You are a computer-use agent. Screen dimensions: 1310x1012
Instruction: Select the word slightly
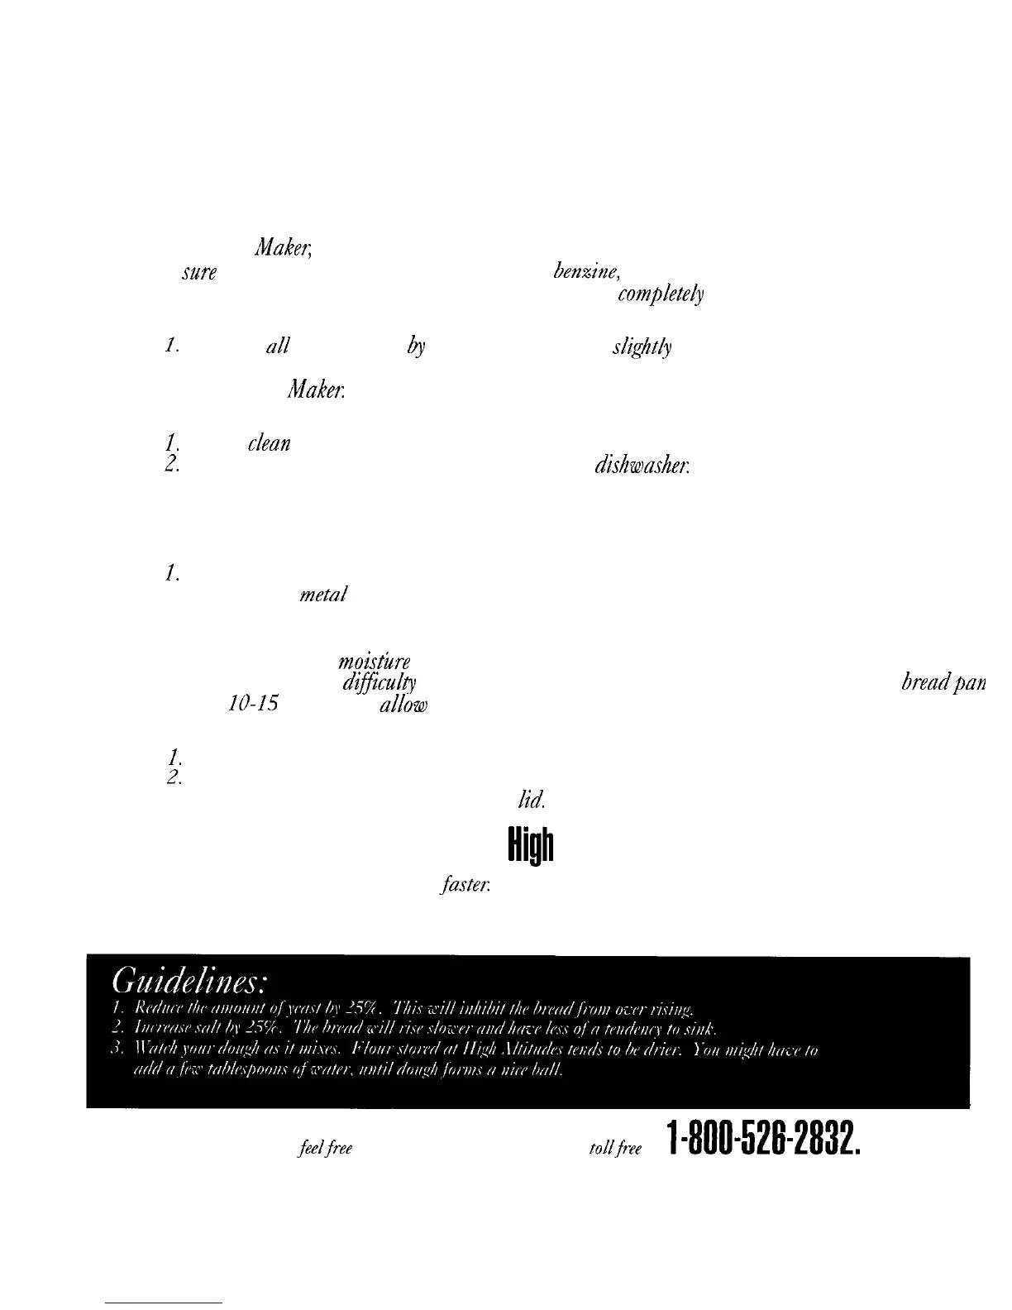pos(642,348)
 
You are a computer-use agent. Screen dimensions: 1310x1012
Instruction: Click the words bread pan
pos(943,685)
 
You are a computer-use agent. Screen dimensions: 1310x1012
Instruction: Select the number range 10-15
pos(252,704)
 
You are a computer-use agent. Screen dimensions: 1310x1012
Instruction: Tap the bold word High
pos(530,845)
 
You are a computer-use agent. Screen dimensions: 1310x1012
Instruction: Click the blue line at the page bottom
pos(165,1303)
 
